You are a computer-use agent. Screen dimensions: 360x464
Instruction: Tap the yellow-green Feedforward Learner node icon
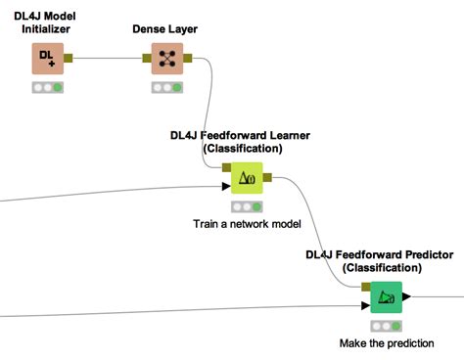coord(247,179)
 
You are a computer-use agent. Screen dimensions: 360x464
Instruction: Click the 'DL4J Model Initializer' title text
coord(46,22)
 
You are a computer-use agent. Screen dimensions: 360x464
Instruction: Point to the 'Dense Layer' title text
coord(166,29)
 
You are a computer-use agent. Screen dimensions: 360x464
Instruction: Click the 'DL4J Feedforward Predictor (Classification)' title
coord(381,260)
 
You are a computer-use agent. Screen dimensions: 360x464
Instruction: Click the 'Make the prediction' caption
coord(386,343)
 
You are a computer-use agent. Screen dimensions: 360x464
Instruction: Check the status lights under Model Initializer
coord(46,88)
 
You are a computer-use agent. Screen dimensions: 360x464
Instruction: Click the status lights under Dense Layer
coord(167,88)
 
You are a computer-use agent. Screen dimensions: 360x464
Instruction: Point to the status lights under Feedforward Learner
coord(247,207)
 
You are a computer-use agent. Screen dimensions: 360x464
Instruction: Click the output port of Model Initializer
coord(68,57)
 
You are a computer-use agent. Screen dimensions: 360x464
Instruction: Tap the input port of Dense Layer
coord(146,57)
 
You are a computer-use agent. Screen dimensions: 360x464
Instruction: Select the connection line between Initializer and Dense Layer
coord(108,57)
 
